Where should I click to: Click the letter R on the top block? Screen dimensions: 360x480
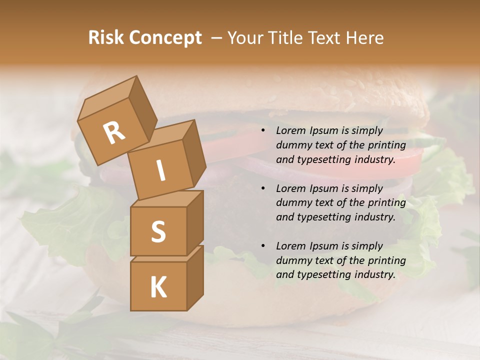pos(114,133)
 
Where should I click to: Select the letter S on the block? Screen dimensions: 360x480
pos(158,231)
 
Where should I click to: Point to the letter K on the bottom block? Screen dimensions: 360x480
pos(158,287)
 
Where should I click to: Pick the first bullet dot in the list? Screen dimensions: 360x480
pos(262,131)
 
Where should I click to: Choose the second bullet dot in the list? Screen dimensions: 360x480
pos(262,188)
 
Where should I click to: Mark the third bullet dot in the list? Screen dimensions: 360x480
pos(262,246)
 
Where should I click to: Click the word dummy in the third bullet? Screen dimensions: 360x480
pos(292,260)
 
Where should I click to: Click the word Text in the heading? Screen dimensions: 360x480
pos(323,38)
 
